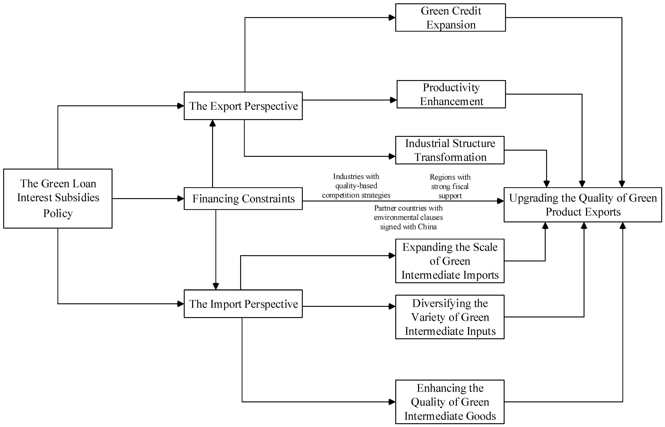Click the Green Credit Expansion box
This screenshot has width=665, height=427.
pos(450,17)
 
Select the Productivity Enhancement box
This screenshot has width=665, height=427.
pos(451,94)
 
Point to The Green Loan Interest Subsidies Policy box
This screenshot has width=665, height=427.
pos(58,199)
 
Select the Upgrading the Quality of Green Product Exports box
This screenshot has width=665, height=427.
pos(583,205)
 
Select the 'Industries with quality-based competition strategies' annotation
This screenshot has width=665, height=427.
pos(356,186)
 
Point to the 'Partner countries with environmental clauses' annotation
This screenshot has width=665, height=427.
pos(408,217)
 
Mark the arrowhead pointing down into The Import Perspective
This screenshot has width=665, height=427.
pos(216,286)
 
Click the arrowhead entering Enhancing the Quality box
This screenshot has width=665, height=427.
pos(392,402)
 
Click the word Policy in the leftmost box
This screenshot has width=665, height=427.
pos(58,213)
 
